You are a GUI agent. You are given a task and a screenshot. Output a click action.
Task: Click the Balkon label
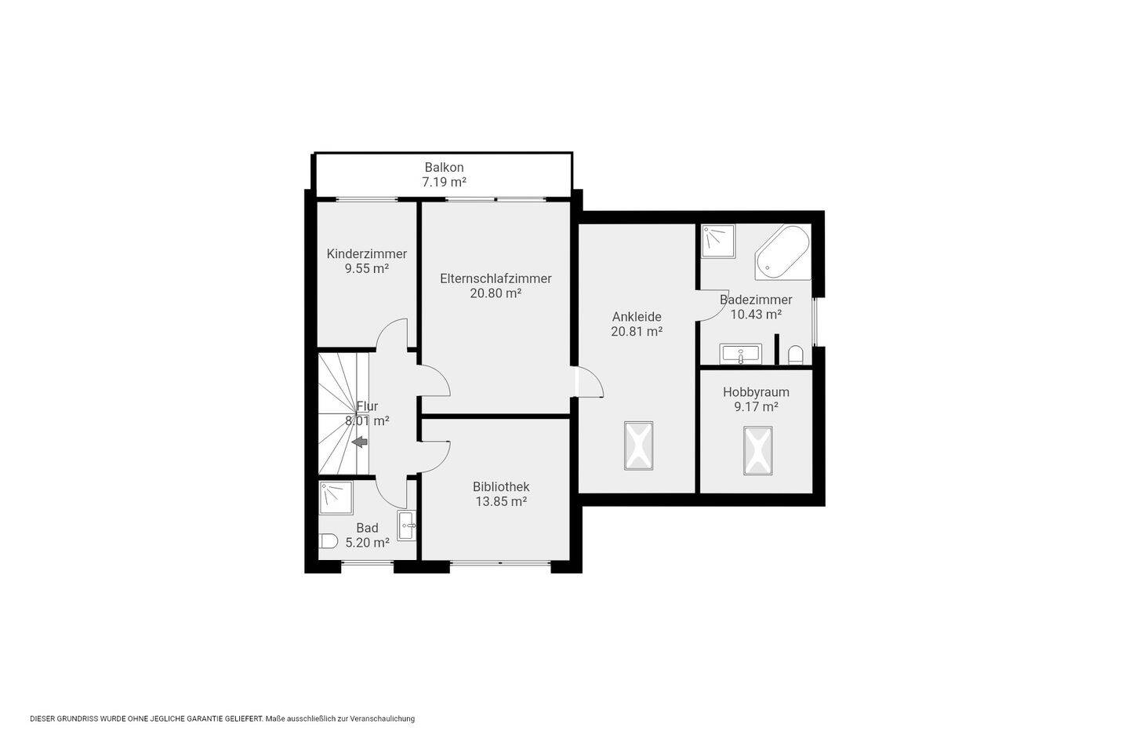(x=444, y=167)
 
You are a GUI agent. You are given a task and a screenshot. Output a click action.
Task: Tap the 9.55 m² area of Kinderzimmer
(x=366, y=268)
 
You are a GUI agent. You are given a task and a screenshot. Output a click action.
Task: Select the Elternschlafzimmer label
(x=496, y=278)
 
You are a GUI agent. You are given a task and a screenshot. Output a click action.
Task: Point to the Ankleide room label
(x=637, y=317)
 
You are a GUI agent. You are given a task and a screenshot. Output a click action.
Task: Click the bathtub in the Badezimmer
(x=782, y=253)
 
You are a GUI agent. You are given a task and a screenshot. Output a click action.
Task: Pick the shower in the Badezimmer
(x=718, y=241)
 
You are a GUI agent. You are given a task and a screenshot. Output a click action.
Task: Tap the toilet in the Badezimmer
(x=795, y=354)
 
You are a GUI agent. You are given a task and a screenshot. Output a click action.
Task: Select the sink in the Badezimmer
(x=740, y=353)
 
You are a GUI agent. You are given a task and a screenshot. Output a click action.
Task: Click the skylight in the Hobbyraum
(x=757, y=450)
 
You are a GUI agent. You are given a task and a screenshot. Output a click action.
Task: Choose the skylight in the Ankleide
(x=638, y=446)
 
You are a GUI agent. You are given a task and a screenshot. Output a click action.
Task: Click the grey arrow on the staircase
(x=359, y=442)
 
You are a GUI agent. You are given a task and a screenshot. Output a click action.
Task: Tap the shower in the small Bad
(x=336, y=498)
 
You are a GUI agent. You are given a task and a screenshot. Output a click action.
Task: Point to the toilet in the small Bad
(x=329, y=541)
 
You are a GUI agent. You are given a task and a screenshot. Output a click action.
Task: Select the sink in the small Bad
(x=407, y=526)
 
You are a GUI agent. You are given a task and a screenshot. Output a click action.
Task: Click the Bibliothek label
(x=501, y=486)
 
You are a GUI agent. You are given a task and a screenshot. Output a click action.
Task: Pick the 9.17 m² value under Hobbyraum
(x=756, y=406)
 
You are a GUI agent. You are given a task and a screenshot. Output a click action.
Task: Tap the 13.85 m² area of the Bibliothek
(x=501, y=501)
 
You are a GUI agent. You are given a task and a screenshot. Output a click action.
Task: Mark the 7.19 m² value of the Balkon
(x=444, y=182)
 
